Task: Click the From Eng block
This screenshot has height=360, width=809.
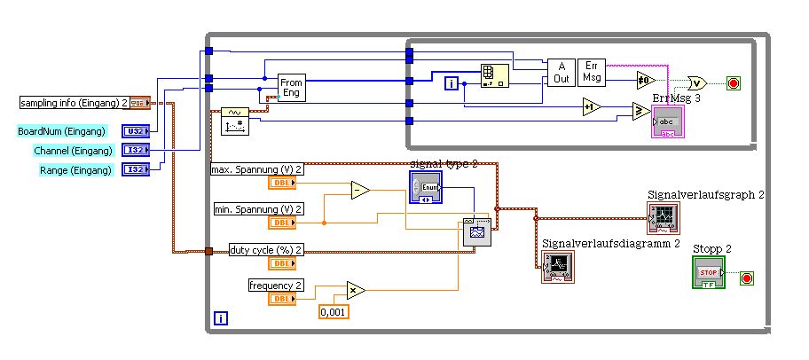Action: click(x=291, y=88)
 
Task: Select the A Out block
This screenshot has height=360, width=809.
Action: click(x=561, y=72)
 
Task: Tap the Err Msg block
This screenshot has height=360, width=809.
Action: click(x=592, y=72)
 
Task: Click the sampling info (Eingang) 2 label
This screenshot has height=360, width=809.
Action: click(x=75, y=103)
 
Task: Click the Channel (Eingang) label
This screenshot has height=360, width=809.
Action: click(x=67, y=151)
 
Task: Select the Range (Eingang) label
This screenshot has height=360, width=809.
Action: click(x=75, y=169)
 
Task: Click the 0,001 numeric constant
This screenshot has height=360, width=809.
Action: click(x=334, y=311)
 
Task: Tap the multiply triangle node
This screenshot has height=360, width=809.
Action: click(x=355, y=289)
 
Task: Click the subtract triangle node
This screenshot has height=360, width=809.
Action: click(x=358, y=190)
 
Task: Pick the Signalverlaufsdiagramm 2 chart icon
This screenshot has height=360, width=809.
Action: click(x=558, y=265)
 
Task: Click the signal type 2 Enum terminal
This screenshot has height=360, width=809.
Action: click(x=425, y=188)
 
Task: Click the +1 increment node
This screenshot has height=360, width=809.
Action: click(x=591, y=107)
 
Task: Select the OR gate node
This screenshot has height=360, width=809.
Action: click(x=697, y=82)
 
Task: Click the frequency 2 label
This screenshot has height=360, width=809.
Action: click(x=276, y=285)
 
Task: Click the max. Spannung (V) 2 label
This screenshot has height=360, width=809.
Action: click(x=256, y=169)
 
